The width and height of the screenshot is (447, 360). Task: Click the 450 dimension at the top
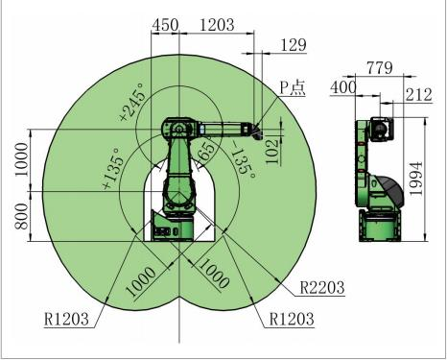pos(165,25)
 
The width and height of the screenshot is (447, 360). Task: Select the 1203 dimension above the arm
pos(217,25)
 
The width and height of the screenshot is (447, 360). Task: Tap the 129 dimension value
pos(294,45)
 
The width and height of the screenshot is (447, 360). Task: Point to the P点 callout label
pos(293,87)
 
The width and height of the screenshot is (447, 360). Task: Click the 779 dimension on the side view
pos(380,68)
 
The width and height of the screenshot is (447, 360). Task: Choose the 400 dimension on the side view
pos(343,87)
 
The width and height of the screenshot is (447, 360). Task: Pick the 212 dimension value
pos(419,95)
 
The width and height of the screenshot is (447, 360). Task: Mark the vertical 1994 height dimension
pos(416,179)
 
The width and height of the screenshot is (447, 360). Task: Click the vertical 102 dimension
pos(272,152)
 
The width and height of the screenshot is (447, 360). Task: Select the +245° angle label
pos(133,102)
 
